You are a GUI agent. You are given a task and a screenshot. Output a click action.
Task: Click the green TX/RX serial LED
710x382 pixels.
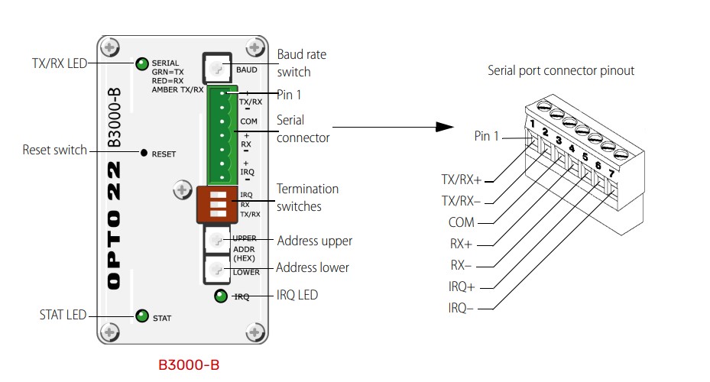(x=142, y=63)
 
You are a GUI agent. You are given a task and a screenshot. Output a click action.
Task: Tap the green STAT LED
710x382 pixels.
(x=141, y=316)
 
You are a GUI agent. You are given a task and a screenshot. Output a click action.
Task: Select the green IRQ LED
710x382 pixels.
(x=221, y=296)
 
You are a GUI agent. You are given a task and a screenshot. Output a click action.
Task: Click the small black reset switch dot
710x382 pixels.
(x=144, y=153)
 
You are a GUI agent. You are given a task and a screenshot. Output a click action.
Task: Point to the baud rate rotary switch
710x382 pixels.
(x=217, y=69)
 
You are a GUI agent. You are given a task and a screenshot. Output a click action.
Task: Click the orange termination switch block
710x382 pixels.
(x=214, y=204)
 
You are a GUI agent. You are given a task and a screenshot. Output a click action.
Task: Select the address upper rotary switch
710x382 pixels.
(x=217, y=241)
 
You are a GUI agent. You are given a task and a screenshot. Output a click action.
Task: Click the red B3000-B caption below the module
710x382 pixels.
(x=189, y=364)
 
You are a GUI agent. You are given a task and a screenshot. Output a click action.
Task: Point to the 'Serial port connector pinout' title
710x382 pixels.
(x=561, y=71)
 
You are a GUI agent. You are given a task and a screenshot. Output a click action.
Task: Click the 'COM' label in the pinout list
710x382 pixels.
(x=462, y=223)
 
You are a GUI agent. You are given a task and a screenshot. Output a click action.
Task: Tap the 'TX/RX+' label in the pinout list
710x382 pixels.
(x=462, y=180)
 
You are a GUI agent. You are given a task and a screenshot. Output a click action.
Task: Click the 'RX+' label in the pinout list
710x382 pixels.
(x=461, y=244)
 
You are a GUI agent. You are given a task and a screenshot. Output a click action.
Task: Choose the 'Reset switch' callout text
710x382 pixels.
(x=55, y=150)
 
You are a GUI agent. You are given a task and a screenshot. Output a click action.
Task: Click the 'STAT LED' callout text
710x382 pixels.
(x=63, y=315)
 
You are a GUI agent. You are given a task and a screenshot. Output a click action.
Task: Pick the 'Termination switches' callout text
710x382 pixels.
(x=307, y=198)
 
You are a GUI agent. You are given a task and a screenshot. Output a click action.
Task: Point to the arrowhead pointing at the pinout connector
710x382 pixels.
(x=446, y=128)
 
